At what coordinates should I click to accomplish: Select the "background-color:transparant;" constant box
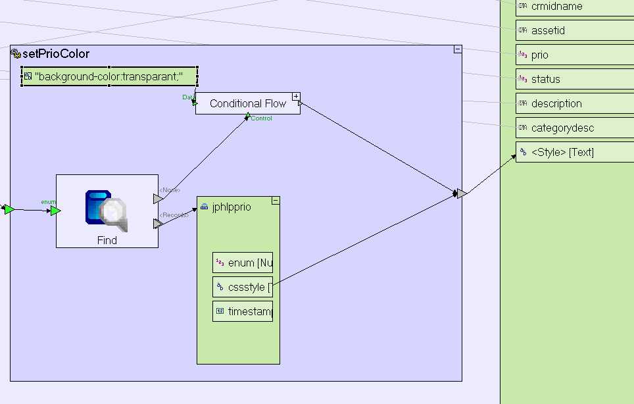109,76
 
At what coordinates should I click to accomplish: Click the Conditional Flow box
247,104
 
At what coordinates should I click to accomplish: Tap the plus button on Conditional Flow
296,97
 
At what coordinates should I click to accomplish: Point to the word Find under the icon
107,241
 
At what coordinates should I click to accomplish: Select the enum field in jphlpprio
243,263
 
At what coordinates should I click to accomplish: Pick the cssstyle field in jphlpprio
243,287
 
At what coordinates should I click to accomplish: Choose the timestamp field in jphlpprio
243,311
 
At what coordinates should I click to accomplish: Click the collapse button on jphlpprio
275,200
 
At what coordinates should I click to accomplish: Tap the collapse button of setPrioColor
457,49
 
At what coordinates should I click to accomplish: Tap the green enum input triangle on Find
55,211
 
